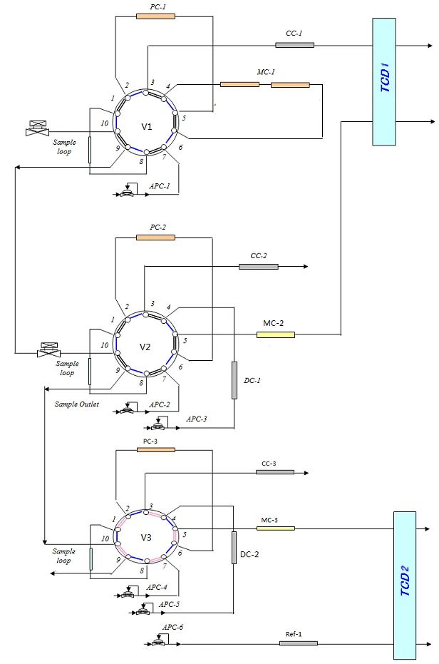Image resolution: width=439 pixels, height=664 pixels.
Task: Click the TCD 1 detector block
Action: [x=383, y=81]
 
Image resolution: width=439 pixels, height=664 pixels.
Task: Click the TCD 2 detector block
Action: [x=404, y=585]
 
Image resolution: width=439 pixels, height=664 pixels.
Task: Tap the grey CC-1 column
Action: [x=294, y=45]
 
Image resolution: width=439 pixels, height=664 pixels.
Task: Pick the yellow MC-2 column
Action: [x=275, y=334]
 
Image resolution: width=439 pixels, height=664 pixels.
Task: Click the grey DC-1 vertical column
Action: [x=234, y=380]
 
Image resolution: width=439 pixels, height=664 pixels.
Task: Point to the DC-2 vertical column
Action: [x=234, y=548]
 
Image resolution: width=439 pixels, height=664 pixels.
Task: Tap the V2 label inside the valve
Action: [x=145, y=347]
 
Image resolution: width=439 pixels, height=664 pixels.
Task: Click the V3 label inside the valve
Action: [x=146, y=537]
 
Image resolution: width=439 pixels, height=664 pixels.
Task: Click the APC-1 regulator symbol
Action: [x=128, y=193]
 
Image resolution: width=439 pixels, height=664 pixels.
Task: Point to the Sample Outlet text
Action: [x=76, y=404]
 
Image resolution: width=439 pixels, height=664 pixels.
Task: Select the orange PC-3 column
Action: [x=155, y=450]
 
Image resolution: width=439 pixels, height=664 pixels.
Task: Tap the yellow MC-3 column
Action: [x=276, y=528]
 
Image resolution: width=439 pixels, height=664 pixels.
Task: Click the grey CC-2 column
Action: [x=259, y=267]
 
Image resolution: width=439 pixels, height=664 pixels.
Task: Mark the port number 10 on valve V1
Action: [x=105, y=123]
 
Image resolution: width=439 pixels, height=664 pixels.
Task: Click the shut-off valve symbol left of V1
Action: [x=36, y=129]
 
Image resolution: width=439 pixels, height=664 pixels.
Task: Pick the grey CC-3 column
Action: [x=275, y=472]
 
